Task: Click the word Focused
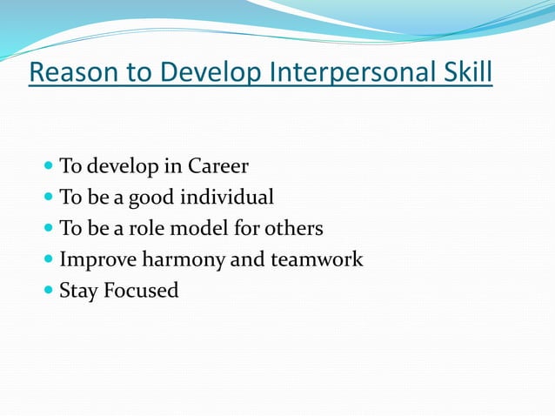click(x=141, y=291)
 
